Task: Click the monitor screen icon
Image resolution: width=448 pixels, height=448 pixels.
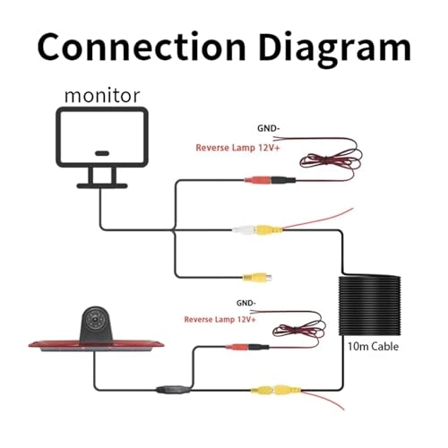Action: click(x=99, y=140)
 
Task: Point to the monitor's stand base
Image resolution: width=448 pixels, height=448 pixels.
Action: click(x=99, y=185)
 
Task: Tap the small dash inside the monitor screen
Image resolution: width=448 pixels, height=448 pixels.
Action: click(x=100, y=153)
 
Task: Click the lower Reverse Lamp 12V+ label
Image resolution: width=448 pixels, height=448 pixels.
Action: click(x=219, y=319)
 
